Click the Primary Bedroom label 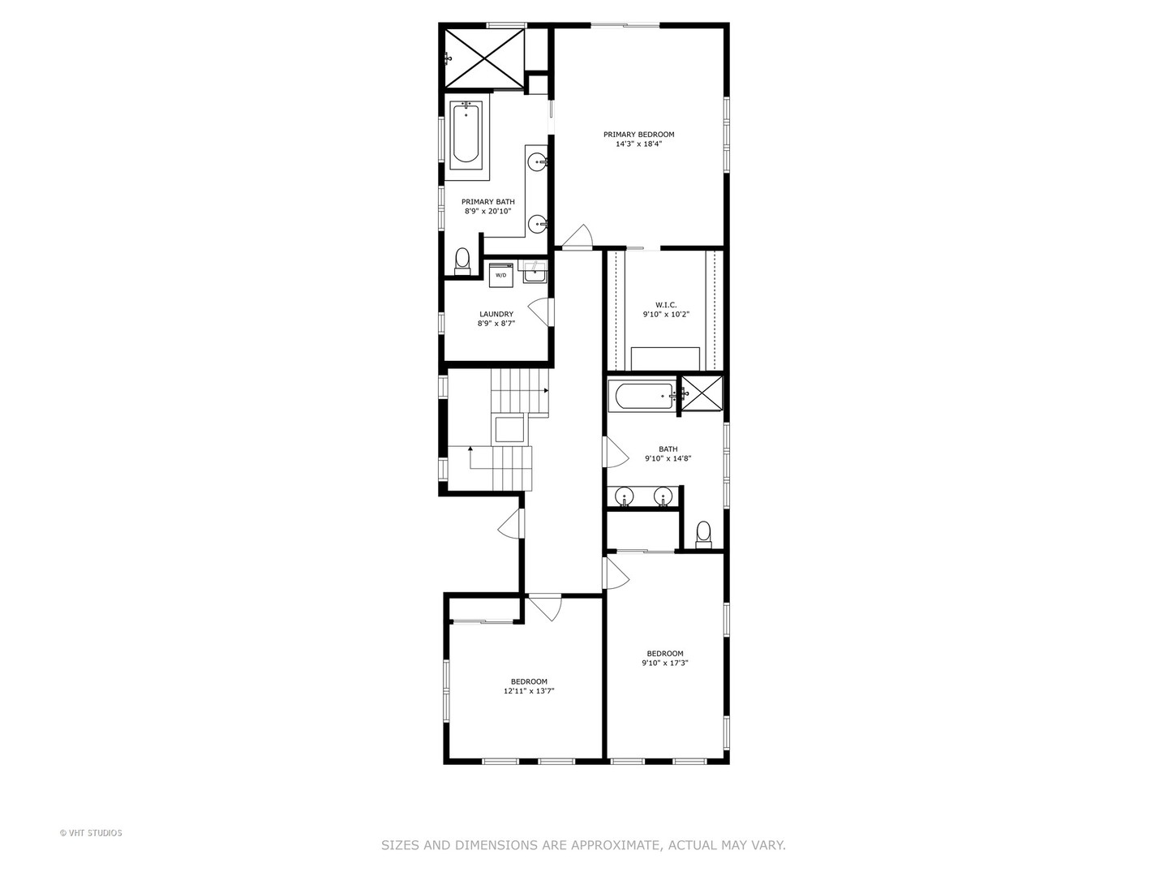click(638, 135)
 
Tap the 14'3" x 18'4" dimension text click(638, 144)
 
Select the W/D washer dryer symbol click(500, 274)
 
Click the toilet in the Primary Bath click(462, 260)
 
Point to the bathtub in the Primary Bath click(466, 134)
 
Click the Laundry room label click(496, 314)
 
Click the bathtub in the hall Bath click(643, 396)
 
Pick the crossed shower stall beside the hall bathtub click(701, 393)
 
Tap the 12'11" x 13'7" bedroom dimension click(528, 691)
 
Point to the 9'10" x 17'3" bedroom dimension click(664, 663)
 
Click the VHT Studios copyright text click(91, 832)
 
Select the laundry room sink click(535, 273)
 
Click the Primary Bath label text click(487, 202)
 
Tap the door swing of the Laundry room click(540, 312)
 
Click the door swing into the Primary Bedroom click(578, 236)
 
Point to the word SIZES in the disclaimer click(401, 845)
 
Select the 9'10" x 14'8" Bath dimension click(668, 458)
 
